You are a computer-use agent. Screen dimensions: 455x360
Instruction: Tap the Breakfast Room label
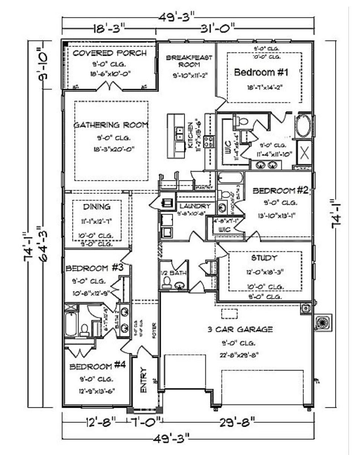189,61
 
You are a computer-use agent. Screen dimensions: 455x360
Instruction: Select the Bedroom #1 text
261,72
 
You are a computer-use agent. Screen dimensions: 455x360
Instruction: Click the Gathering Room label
111,125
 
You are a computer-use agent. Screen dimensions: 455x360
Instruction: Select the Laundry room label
195,206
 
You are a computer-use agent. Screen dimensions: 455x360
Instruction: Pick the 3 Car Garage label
240,329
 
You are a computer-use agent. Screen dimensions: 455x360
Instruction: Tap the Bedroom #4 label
98,366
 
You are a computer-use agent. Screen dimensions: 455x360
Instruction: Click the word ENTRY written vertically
143,380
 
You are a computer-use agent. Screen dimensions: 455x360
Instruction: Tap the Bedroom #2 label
280,191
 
